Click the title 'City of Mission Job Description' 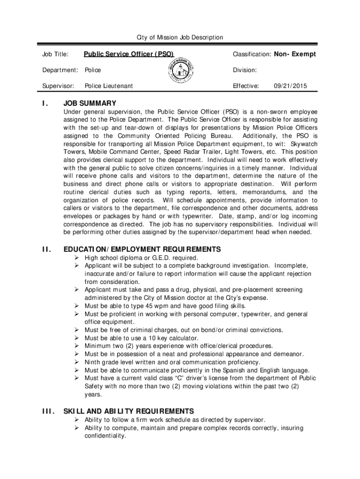pyautogui.click(x=180, y=37)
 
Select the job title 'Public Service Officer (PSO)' pyautogui.click(x=132, y=54)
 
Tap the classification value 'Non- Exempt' pyautogui.click(x=295, y=54)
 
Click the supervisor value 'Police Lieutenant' pyautogui.click(x=108, y=86)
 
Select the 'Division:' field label pyautogui.click(x=245, y=70)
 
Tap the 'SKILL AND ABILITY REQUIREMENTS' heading pyautogui.click(x=129, y=411)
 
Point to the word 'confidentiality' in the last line pyautogui.click(x=105, y=436)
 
